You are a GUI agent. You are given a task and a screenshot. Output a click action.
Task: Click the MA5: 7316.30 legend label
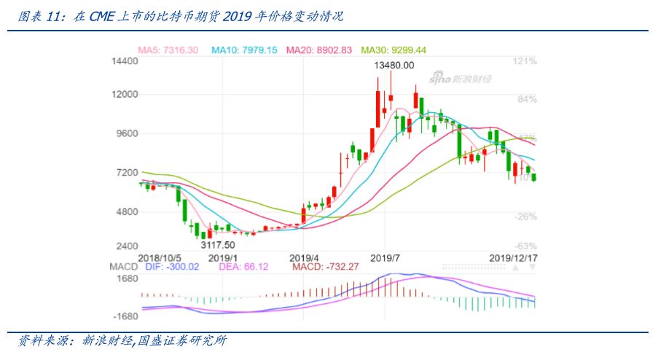coord(168,50)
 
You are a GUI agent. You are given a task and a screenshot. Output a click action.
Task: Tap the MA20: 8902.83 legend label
coord(318,50)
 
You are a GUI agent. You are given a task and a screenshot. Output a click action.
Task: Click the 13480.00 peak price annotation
coord(394,66)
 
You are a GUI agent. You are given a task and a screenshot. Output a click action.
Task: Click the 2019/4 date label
coord(305,258)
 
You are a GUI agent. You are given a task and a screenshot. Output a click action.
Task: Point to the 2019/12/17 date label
coord(512,258)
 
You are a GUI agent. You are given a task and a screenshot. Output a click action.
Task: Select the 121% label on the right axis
coord(525,62)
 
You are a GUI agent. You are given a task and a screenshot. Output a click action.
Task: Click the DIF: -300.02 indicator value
coord(172,268)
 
